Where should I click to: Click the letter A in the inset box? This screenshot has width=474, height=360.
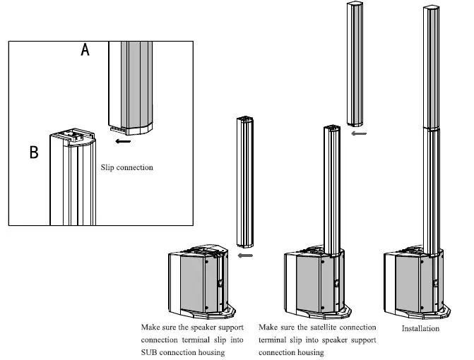85,50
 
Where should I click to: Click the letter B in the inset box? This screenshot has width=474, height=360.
33,151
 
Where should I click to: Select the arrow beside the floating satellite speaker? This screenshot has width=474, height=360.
359,132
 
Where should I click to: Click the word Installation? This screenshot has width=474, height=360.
420,328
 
